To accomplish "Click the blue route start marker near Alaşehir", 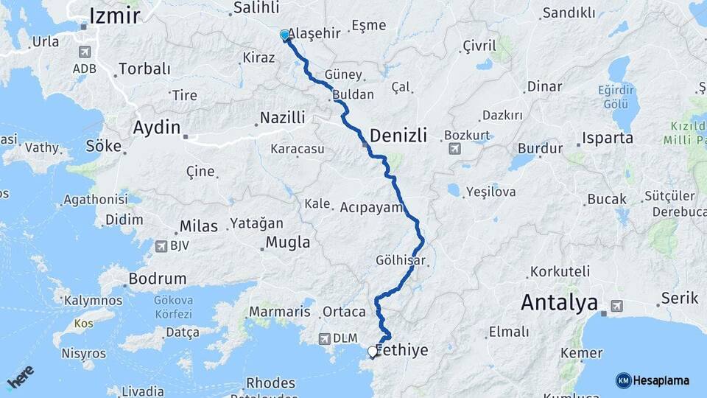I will tap(285, 35).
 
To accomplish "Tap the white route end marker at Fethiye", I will tap(372, 352).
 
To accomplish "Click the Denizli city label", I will tap(398, 136).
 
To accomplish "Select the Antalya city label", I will tap(558, 302).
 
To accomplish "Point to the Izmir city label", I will tap(114, 15).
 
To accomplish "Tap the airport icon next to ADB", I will tap(83, 52).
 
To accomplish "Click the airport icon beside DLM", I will tap(324, 338).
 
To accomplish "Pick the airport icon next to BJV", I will tap(161, 245).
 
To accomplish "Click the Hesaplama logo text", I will tap(662, 380).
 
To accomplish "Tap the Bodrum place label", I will tap(157, 279).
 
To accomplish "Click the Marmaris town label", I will tap(279, 312).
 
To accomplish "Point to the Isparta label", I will tap(607, 138).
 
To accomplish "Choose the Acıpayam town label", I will tap(372, 207).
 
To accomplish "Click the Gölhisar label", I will tap(401, 260).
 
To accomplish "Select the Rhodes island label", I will tap(270, 383).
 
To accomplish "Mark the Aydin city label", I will tap(156, 127).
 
